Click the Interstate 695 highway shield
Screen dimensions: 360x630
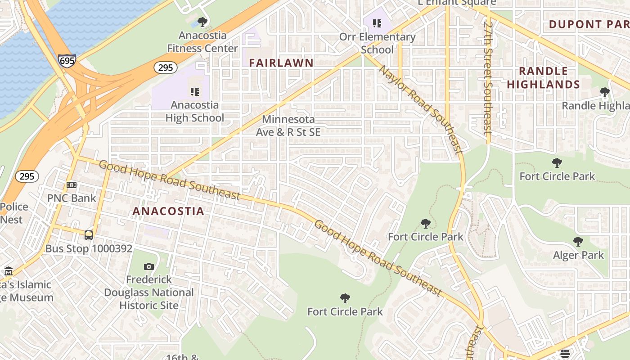pyautogui.click(x=67, y=60)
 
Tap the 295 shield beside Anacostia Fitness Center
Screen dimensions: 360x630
pyautogui.click(x=165, y=67)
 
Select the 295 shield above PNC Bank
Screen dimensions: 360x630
pyautogui.click(x=27, y=176)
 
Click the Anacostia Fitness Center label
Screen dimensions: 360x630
pyautogui.click(x=202, y=42)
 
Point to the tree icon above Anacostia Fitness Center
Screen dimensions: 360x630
pyautogui.click(x=202, y=22)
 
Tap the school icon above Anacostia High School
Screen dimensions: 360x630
pyautogui.click(x=194, y=92)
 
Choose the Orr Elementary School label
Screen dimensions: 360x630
pyautogui.click(x=377, y=43)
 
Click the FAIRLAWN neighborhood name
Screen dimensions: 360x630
pyautogui.click(x=281, y=63)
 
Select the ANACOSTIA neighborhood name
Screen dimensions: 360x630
pyautogui.click(x=168, y=211)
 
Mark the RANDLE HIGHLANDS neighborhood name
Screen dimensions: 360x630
pyautogui.click(x=543, y=78)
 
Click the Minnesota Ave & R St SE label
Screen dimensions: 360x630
pyautogui.click(x=288, y=126)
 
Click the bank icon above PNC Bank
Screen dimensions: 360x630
pyautogui.click(x=72, y=185)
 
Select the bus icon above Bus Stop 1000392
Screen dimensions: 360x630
pyautogui.click(x=89, y=235)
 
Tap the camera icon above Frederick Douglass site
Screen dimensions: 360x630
pyautogui.click(x=148, y=267)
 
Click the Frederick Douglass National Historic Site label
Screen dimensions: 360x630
pyautogui.click(x=149, y=292)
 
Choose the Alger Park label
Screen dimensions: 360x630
pyautogui.click(x=578, y=255)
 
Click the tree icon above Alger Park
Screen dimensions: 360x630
pyautogui.click(x=578, y=242)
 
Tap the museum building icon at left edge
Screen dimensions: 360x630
pyautogui.click(x=9, y=271)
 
